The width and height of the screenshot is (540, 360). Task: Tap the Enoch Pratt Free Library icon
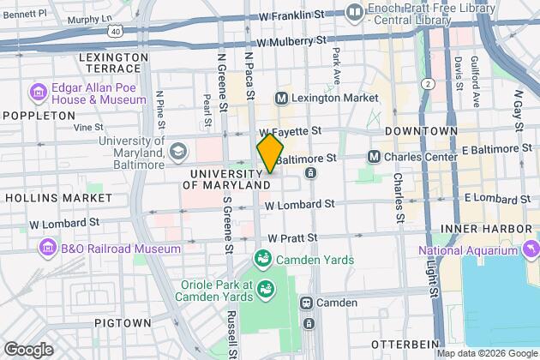tap(354, 12)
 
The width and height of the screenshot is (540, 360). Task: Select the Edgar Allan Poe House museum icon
tap(38, 92)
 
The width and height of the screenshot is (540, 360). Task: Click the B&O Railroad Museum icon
tap(48, 248)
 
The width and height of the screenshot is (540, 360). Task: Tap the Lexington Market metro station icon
tap(280, 99)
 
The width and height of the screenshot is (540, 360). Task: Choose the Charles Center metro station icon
tap(374, 157)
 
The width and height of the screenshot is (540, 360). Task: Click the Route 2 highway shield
tap(426, 83)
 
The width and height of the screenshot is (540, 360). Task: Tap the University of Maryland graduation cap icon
tap(177, 152)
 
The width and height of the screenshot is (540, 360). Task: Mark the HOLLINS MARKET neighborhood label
tap(57, 197)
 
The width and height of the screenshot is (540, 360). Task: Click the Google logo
tap(28, 349)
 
